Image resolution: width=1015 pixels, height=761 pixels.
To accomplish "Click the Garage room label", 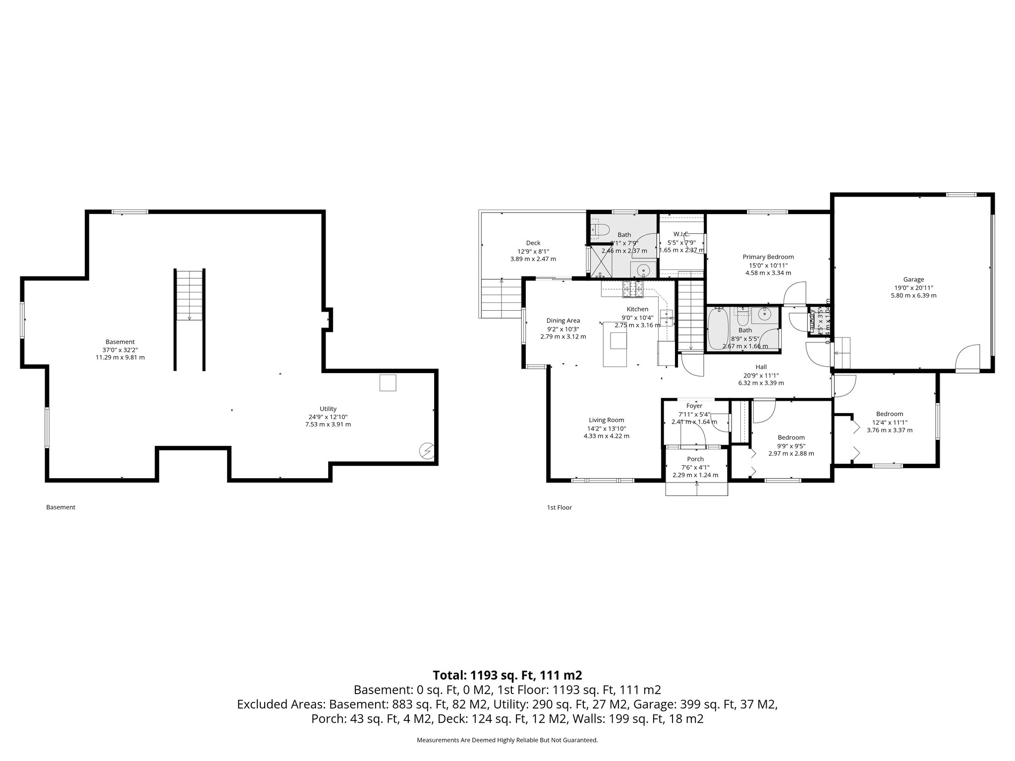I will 913,279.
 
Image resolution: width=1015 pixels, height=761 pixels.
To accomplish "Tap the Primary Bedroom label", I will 768,257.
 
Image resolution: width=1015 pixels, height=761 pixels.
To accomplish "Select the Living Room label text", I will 606,420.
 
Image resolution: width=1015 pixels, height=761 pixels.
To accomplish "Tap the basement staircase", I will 189,296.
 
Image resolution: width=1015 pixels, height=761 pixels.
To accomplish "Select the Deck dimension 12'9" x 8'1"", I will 533,251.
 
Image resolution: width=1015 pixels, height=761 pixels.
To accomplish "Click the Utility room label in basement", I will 328,409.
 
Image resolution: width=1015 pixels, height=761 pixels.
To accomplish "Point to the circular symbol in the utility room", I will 426,450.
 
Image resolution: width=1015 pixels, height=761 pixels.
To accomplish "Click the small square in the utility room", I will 388,383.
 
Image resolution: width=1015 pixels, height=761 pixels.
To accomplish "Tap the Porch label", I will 695,459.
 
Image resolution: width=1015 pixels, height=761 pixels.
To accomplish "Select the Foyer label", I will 694,406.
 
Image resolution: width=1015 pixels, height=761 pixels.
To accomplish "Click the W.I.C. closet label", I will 681,234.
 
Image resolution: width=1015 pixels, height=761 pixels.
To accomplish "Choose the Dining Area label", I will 563,321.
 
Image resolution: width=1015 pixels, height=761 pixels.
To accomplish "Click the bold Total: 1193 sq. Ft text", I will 507,675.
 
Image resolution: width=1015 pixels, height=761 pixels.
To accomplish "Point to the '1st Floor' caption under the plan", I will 559,507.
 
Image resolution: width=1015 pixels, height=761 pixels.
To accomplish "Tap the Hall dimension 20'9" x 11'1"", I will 761,375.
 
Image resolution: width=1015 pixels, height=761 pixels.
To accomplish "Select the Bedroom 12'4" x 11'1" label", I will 890,414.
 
